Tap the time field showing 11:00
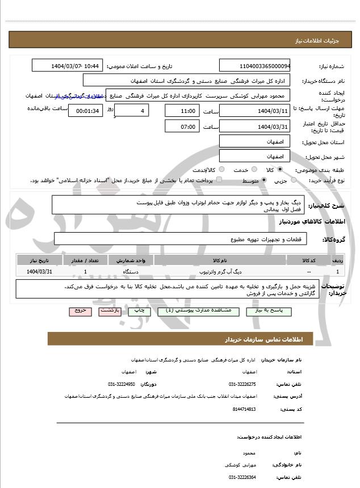pos(182,111)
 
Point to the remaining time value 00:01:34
pos(85,111)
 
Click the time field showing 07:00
pos(182,127)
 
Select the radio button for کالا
pos(280,170)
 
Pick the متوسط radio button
pos(265,180)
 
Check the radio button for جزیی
pos(294,180)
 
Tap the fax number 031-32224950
pos(121,384)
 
